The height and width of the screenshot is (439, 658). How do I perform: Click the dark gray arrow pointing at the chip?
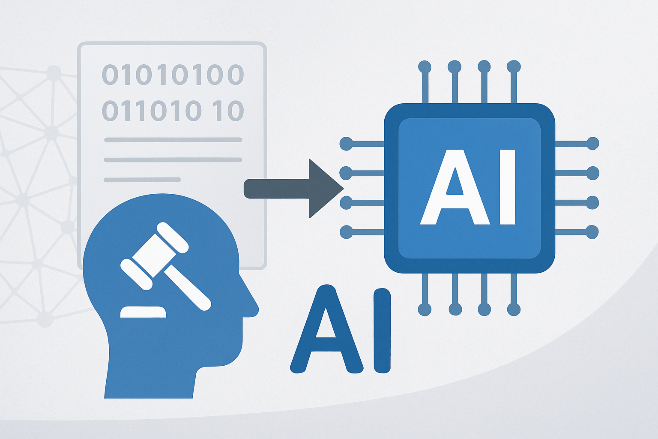click(294, 189)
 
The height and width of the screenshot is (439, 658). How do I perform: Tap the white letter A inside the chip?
click(455, 187)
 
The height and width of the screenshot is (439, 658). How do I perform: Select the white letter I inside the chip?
click(507, 187)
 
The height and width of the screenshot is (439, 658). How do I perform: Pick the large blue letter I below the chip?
click(382, 330)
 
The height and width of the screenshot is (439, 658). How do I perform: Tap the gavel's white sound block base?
click(143, 312)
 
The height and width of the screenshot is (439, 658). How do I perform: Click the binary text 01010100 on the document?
click(173, 75)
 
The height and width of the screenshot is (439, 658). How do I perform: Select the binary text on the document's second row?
click(173, 111)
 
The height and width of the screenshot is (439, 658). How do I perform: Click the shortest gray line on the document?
click(142, 180)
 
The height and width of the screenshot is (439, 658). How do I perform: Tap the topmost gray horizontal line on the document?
click(173, 140)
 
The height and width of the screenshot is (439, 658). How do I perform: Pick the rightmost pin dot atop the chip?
click(514, 67)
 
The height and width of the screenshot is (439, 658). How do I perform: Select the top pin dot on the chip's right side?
click(592, 144)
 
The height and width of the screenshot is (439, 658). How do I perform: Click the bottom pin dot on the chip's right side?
click(592, 232)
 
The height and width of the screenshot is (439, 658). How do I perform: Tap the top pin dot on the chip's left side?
click(346, 144)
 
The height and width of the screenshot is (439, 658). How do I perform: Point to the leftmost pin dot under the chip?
click(425, 310)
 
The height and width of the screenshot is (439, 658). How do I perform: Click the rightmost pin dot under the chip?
click(514, 310)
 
